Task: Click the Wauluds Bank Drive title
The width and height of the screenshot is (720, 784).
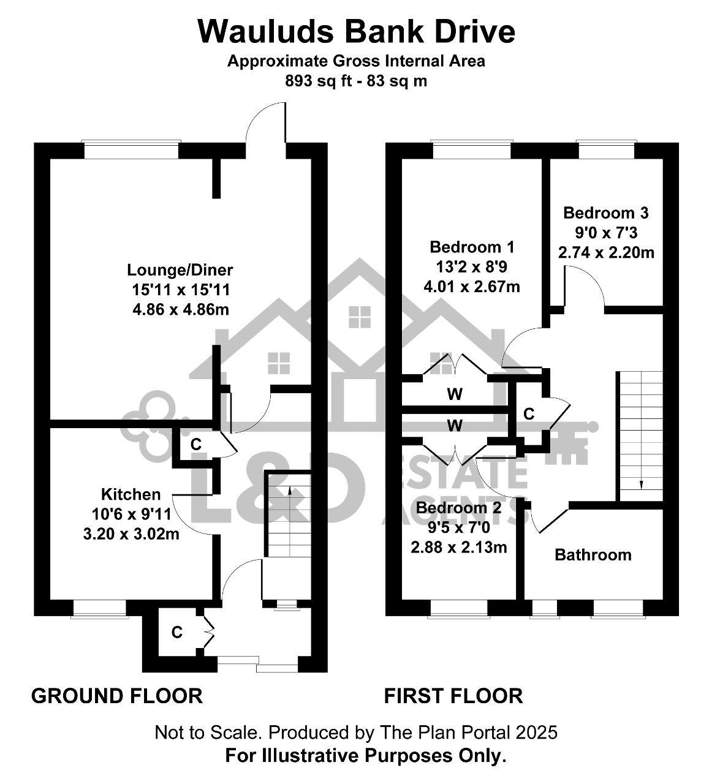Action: tap(356, 31)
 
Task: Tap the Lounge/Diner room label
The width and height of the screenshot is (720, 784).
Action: tap(180, 270)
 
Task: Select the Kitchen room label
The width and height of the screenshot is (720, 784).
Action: tap(131, 494)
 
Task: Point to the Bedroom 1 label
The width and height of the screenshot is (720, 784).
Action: tap(472, 247)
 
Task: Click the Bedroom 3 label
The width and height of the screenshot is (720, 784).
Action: tap(606, 213)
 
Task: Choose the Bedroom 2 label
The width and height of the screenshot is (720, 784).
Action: tap(458, 508)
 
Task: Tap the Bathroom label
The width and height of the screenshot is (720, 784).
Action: tap(593, 555)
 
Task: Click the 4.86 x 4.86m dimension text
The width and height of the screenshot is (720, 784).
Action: tap(181, 309)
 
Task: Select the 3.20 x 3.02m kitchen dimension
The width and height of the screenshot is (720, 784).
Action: tap(131, 534)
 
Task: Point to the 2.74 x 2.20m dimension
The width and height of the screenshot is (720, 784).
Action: tap(606, 252)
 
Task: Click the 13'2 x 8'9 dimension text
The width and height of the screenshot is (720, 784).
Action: tap(472, 267)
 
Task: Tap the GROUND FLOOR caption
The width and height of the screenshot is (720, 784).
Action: tap(117, 696)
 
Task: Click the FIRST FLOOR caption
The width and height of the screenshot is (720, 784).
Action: tap(453, 696)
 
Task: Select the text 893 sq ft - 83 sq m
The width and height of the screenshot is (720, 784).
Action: tap(356, 81)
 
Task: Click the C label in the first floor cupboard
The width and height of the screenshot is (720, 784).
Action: tap(529, 414)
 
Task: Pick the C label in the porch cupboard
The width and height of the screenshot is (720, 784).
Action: tap(176, 632)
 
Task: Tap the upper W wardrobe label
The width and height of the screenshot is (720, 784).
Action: tap(455, 394)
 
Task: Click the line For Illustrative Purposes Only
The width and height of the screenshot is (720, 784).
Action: tap(366, 755)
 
